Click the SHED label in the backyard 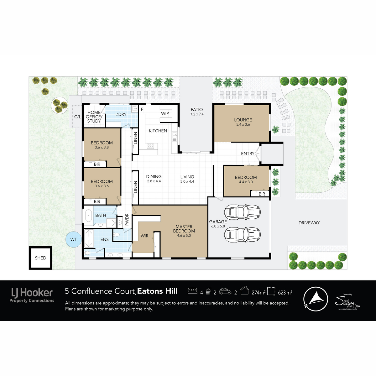[x=41, y=258]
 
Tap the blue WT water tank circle [x=73, y=239]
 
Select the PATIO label [x=197, y=109]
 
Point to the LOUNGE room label [x=243, y=120]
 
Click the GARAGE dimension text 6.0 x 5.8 [x=218, y=226]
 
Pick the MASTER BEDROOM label [x=184, y=229]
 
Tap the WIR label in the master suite [x=144, y=236]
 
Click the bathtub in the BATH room [x=88, y=216]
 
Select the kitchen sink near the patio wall [x=175, y=136]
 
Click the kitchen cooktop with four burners [x=150, y=146]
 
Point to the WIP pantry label [x=165, y=113]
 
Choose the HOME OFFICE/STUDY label [x=94, y=117]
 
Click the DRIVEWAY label [x=309, y=223]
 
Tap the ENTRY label [x=248, y=154]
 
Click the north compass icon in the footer [x=316, y=299]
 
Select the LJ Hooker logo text [x=32, y=293]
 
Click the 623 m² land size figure [x=285, y=292]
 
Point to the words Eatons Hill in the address [x=157, y=291]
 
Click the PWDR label [x=127, y=220]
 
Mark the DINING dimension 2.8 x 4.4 [x=154, y=181]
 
